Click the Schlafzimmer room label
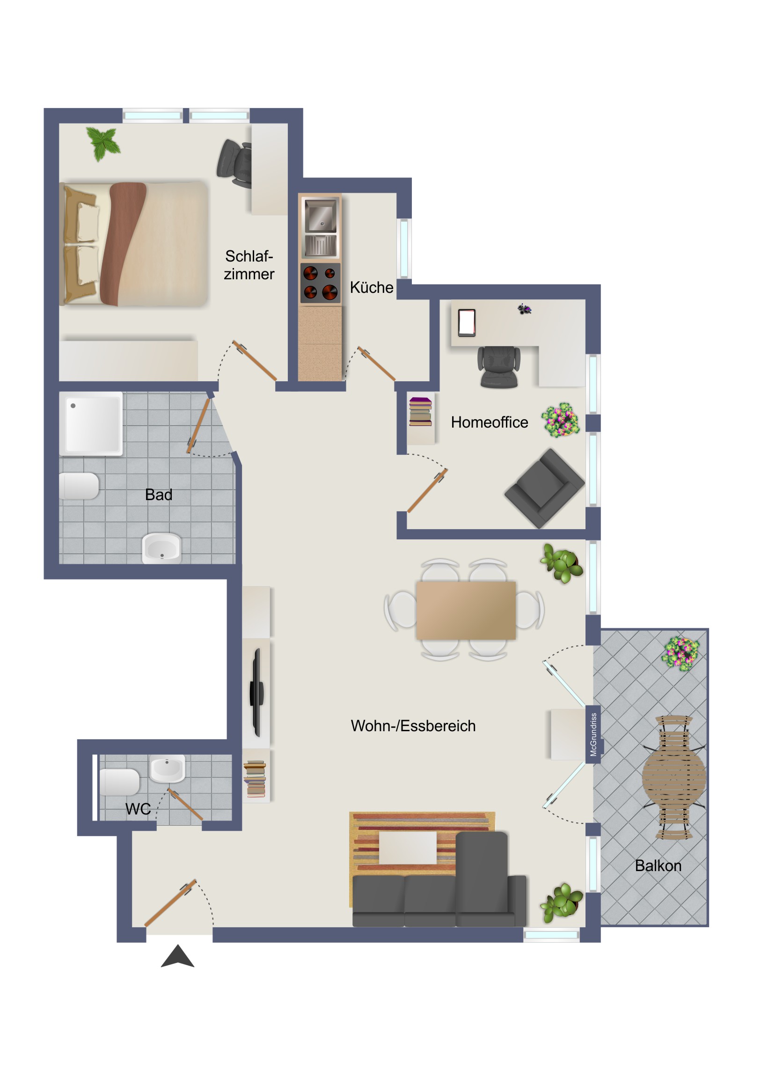click(249, 265)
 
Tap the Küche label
click(371, 287)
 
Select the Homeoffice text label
click(489, 422)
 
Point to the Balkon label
click(658, 865)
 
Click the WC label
click(138, 809)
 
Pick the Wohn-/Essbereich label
click(413, 726)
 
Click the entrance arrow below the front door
click(177, 956)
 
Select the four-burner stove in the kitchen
click(320, 283)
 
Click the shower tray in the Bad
click(91, 424)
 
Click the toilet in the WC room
click(119, 783)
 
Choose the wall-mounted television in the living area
click(256, 693)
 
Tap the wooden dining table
click(466, 610)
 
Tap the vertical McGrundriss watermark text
click(593, 735)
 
